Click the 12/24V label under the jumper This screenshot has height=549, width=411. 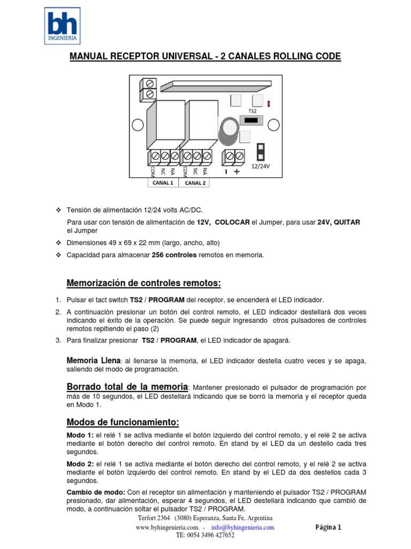click(261, 166)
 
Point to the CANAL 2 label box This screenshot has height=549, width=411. click(195, 182)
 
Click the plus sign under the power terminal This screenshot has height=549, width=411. click(237, 172)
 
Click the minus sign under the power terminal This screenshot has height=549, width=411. click(226, 172)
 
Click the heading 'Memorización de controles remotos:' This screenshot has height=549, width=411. click(143, 283)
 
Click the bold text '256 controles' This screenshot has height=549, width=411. click(174, 255)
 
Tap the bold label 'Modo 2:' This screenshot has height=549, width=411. click(80, 463)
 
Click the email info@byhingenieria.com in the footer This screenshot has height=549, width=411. click(243, 527)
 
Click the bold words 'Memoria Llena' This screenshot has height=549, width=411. click(93, 361)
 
